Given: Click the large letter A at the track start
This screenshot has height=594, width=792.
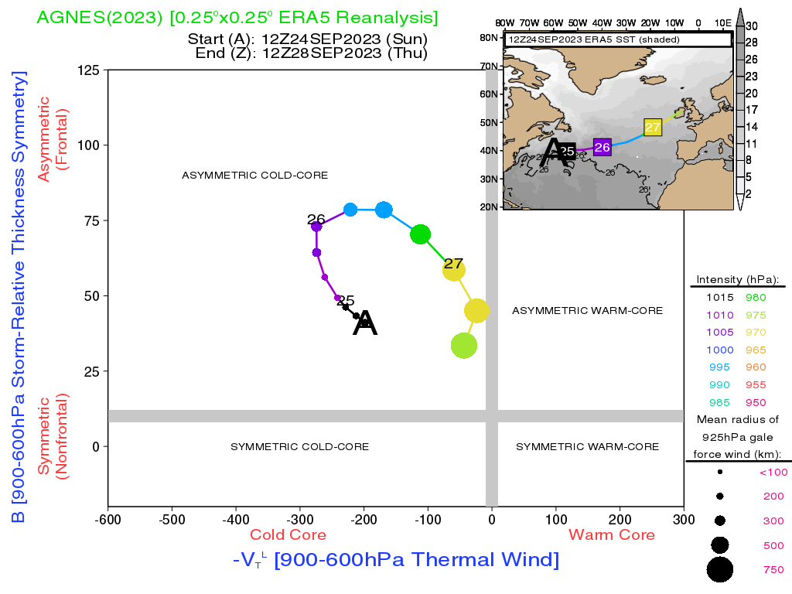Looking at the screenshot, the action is [x=365, y=323].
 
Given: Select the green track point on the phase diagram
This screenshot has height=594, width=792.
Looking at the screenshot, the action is [x=420, y=234].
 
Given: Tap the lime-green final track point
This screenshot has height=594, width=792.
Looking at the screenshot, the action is [x=464, y=346].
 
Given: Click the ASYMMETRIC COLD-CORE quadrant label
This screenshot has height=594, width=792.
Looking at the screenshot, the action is [x=254, y=176].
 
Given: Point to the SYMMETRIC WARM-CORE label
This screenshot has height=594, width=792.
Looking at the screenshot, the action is [x=588, y=446].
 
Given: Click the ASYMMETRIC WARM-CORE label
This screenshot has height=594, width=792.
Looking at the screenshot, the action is [x=588, y=311].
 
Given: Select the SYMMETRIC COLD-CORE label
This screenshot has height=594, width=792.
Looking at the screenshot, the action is [x=299, y=446].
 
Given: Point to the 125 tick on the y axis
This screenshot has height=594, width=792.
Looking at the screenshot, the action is [x=88, y=70].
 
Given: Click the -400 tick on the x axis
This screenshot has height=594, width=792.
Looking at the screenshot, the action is [x=236, y=519].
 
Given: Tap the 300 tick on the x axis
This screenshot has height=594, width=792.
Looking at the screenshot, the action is [x=684, y=519].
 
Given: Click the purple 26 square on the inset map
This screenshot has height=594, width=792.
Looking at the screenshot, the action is [x=602, y=147].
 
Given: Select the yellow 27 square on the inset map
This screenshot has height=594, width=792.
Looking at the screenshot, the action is [x=653, y=127].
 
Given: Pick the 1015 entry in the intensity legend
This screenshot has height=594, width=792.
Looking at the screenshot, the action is [x=720, y=298].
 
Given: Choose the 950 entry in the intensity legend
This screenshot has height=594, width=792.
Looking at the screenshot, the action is [x=756, y=402].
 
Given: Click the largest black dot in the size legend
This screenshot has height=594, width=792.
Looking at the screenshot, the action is [x=720, y=570].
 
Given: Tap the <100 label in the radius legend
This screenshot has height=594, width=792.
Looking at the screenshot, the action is [x=773, y=473].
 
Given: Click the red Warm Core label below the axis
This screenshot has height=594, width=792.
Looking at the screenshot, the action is [x=612, y=535].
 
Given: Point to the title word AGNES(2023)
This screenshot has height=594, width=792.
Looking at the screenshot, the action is [x=100, y=18].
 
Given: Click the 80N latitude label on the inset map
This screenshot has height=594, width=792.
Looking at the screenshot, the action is [x=489, y=37].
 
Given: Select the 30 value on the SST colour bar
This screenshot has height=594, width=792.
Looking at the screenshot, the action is [x=752, y=26].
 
